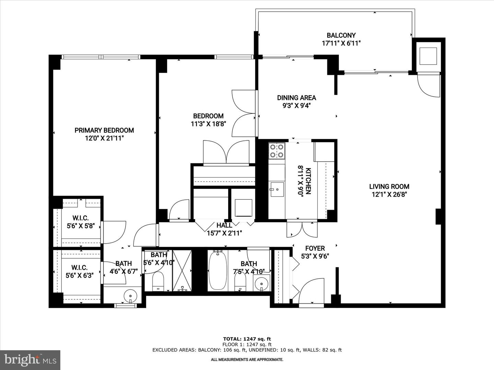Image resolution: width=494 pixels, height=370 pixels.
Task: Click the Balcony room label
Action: coord(341,35)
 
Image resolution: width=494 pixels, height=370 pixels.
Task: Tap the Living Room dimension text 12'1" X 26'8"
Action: coord(389,195)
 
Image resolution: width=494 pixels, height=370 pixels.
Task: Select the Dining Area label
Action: coord(296,98)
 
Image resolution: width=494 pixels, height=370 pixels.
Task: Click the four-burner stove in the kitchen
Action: coord(277,150)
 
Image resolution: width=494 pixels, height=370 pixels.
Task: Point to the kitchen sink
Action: coord(277,189)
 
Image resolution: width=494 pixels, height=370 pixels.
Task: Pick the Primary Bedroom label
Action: coord(104,130)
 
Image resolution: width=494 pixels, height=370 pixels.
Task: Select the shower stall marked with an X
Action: coord(182,271)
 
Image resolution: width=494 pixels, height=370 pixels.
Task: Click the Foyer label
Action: coord(315,248)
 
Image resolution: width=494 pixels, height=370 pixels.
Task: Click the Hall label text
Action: coord(224,225)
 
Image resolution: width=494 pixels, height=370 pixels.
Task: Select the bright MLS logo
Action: coord(30,360)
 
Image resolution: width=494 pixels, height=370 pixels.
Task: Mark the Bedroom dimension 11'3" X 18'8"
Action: coord(208,124)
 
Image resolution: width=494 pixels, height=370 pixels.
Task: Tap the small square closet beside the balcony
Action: coord(428,56)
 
